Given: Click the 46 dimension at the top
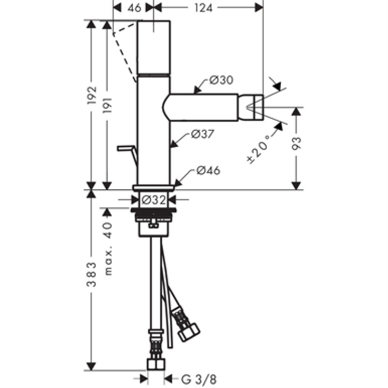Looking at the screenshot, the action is coord(134,8).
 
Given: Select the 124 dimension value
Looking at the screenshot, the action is coord(203,8).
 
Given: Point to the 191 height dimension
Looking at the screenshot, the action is coord(107,105).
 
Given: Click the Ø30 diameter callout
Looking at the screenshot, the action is coord(221,80).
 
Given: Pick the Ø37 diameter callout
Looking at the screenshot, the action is coord(203,134).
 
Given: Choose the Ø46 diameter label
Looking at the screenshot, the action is coord(209,171).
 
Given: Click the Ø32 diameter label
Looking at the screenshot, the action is coord(154,200).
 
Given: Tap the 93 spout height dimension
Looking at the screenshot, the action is coord(296,144).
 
